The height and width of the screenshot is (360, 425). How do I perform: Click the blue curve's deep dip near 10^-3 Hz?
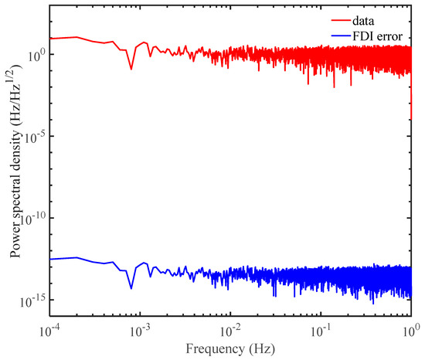[131, 289]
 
